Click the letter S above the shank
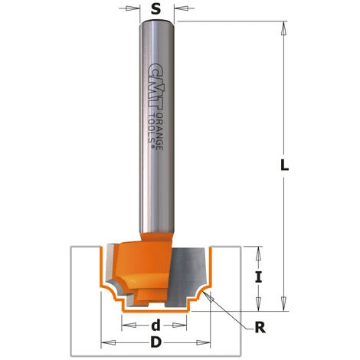[x=155, y=9]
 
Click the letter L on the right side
[x=284, y=165]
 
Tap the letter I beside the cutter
[x=258, y=277]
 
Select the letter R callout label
[x=260, y=328]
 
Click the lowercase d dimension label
[x=155, y=325]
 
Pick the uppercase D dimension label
[x=155, y=342]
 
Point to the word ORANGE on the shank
[x=160, y=132]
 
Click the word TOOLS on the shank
[x=152, y=129]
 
